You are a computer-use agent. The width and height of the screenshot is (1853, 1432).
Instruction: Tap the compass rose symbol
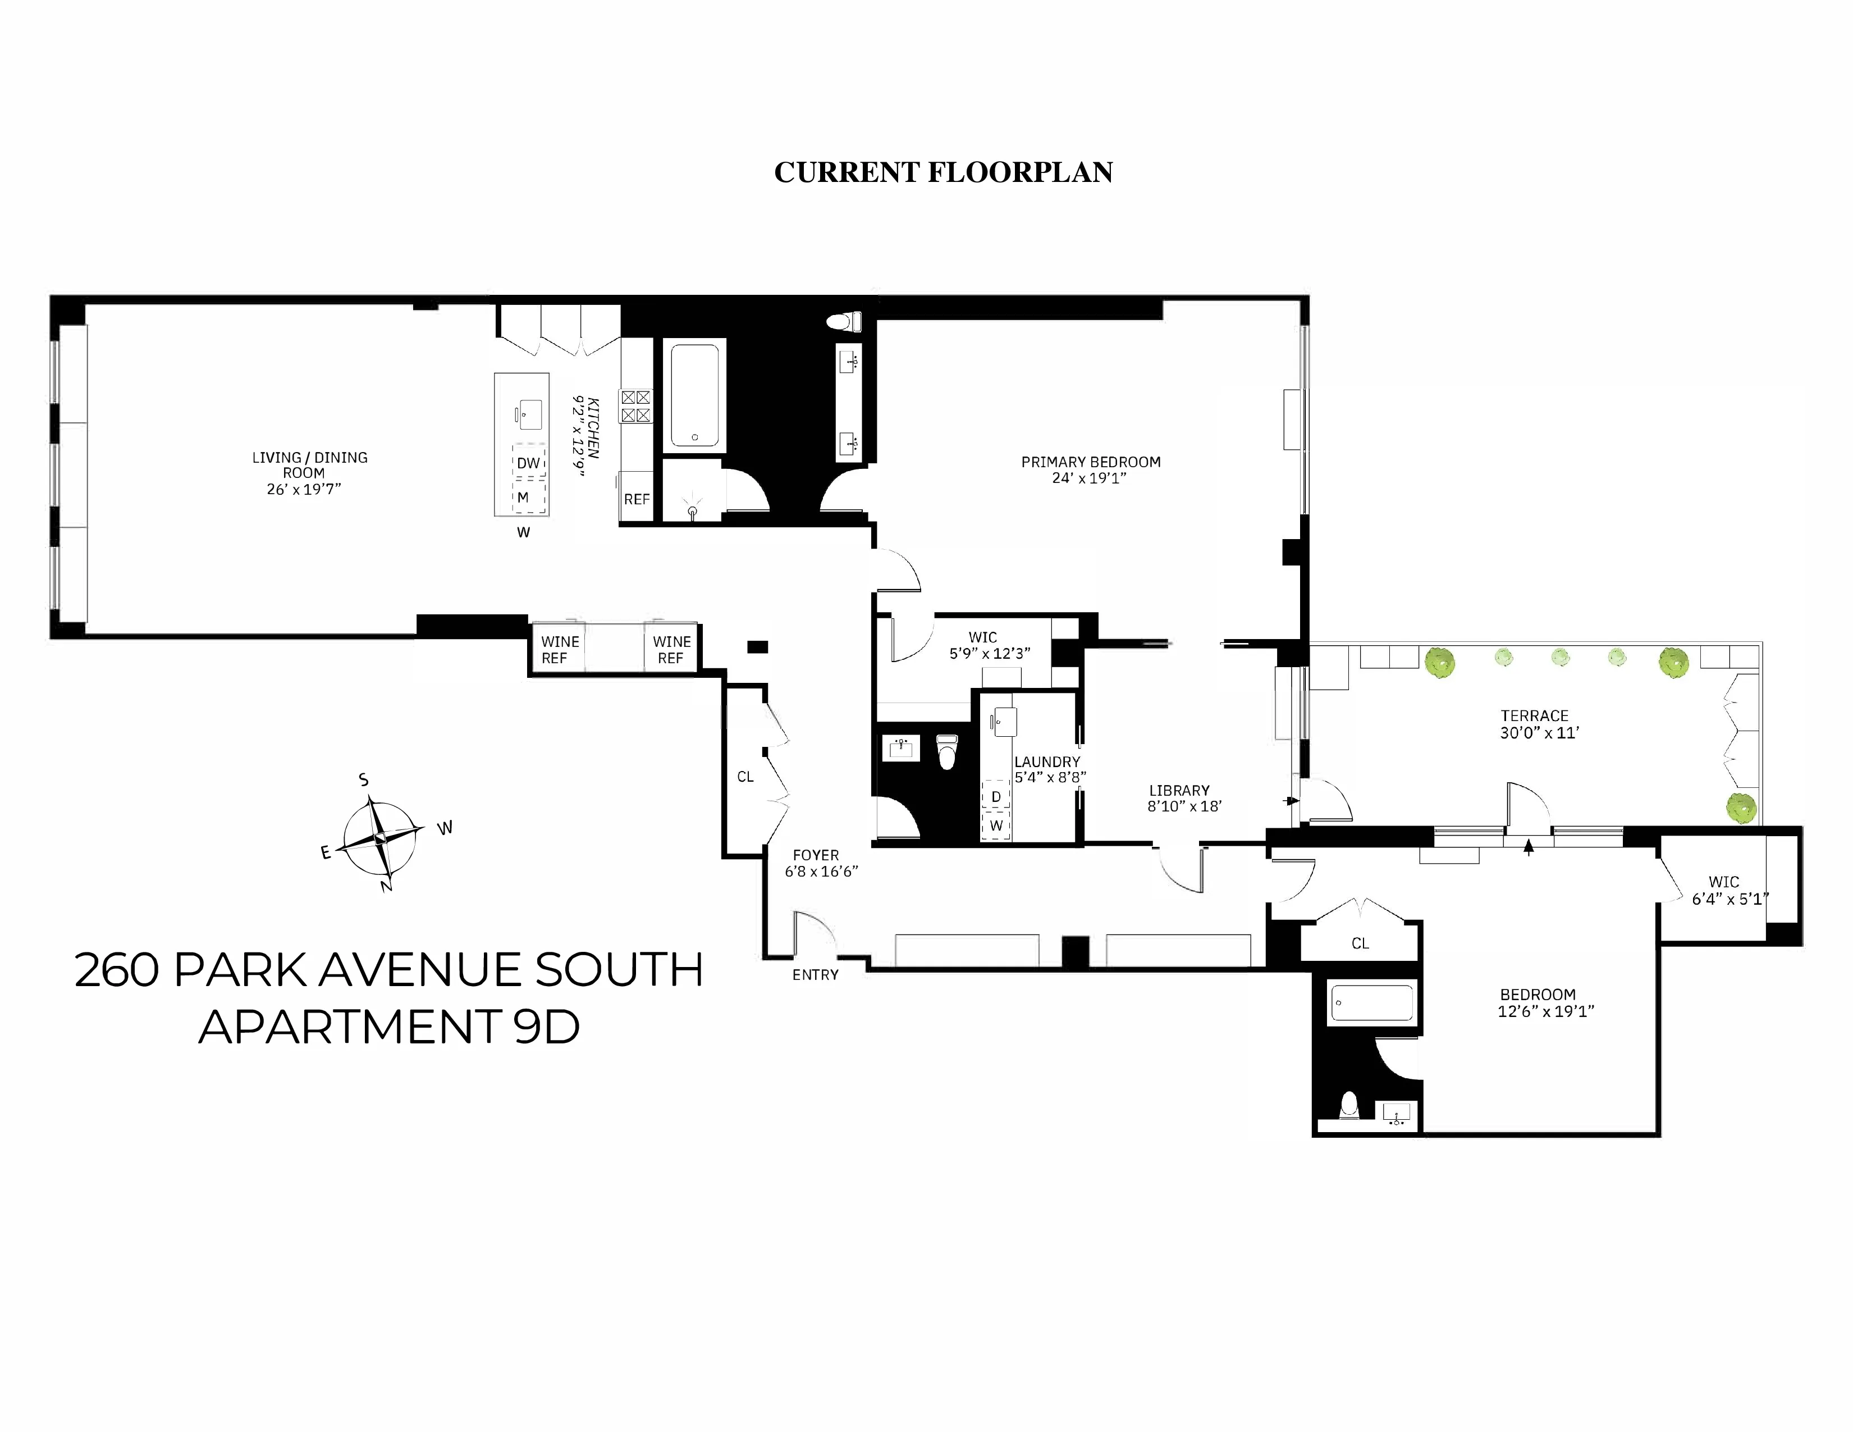[x=380, y=838]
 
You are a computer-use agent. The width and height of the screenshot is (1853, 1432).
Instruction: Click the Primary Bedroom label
[x=1090, y=463]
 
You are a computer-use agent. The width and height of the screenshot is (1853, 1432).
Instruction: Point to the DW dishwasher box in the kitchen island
[x=529, y=463]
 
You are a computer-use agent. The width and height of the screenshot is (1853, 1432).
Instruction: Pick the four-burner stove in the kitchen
[x=635, y=406]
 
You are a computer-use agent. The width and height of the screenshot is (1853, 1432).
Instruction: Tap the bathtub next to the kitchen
[x=695, y=395]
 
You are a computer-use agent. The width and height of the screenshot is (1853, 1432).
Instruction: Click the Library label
[x=1179, y=790]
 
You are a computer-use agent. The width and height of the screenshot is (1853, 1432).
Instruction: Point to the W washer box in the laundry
[x=996, y=825]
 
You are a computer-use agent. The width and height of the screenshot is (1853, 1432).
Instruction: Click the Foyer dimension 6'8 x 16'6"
[x=821, y=871]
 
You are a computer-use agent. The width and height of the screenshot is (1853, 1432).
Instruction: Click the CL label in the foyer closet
[x=745, y=777]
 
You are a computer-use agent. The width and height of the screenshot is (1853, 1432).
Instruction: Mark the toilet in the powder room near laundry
[x=947, y=751]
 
